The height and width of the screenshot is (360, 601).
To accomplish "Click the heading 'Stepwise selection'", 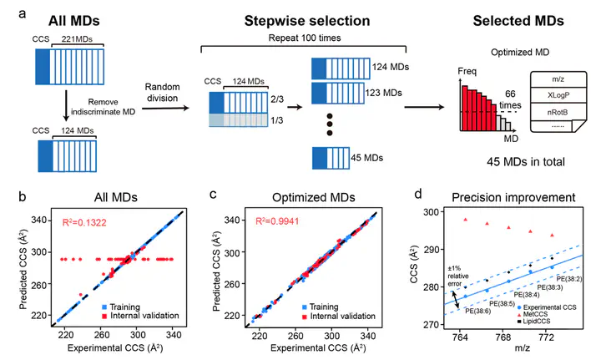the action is click(x=307, y=21).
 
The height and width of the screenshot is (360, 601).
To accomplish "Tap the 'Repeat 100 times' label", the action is click(x=305, y=38).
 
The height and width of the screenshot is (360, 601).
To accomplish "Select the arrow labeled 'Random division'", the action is click(x=165, y=108).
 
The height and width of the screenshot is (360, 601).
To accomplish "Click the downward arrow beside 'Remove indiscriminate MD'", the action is click(x=66, y=105).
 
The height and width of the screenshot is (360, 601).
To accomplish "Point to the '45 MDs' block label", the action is click(x=366, y=158).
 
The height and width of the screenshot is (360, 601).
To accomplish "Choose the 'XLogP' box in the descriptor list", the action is click(x=558, y=95).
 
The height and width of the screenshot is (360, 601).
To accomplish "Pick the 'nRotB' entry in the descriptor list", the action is click(x=558, y=112).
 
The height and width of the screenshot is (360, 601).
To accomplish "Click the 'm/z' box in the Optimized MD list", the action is click(x=558, y=79).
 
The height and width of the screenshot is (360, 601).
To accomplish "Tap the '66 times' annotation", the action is click(x=510, y=99).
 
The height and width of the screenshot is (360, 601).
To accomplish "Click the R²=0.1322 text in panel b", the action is click(x=84, y=222).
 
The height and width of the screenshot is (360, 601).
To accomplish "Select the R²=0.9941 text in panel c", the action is click(x=277, y=221).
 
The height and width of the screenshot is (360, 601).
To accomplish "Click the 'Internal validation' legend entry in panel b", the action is click(x=140, y=316).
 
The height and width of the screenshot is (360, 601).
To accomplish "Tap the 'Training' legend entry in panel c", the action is click(x=320, y=307).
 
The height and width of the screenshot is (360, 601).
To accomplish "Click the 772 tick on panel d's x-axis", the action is click(x=546, y=337).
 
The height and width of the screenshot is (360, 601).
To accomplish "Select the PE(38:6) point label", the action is click(x=477, y=311).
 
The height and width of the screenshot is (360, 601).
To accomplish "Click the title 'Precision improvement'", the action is click(x=513, y=197).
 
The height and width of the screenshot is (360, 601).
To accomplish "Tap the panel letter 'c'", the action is click(x=213, y=195).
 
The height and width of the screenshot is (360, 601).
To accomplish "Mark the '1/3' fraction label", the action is click(x=277, y=120).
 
